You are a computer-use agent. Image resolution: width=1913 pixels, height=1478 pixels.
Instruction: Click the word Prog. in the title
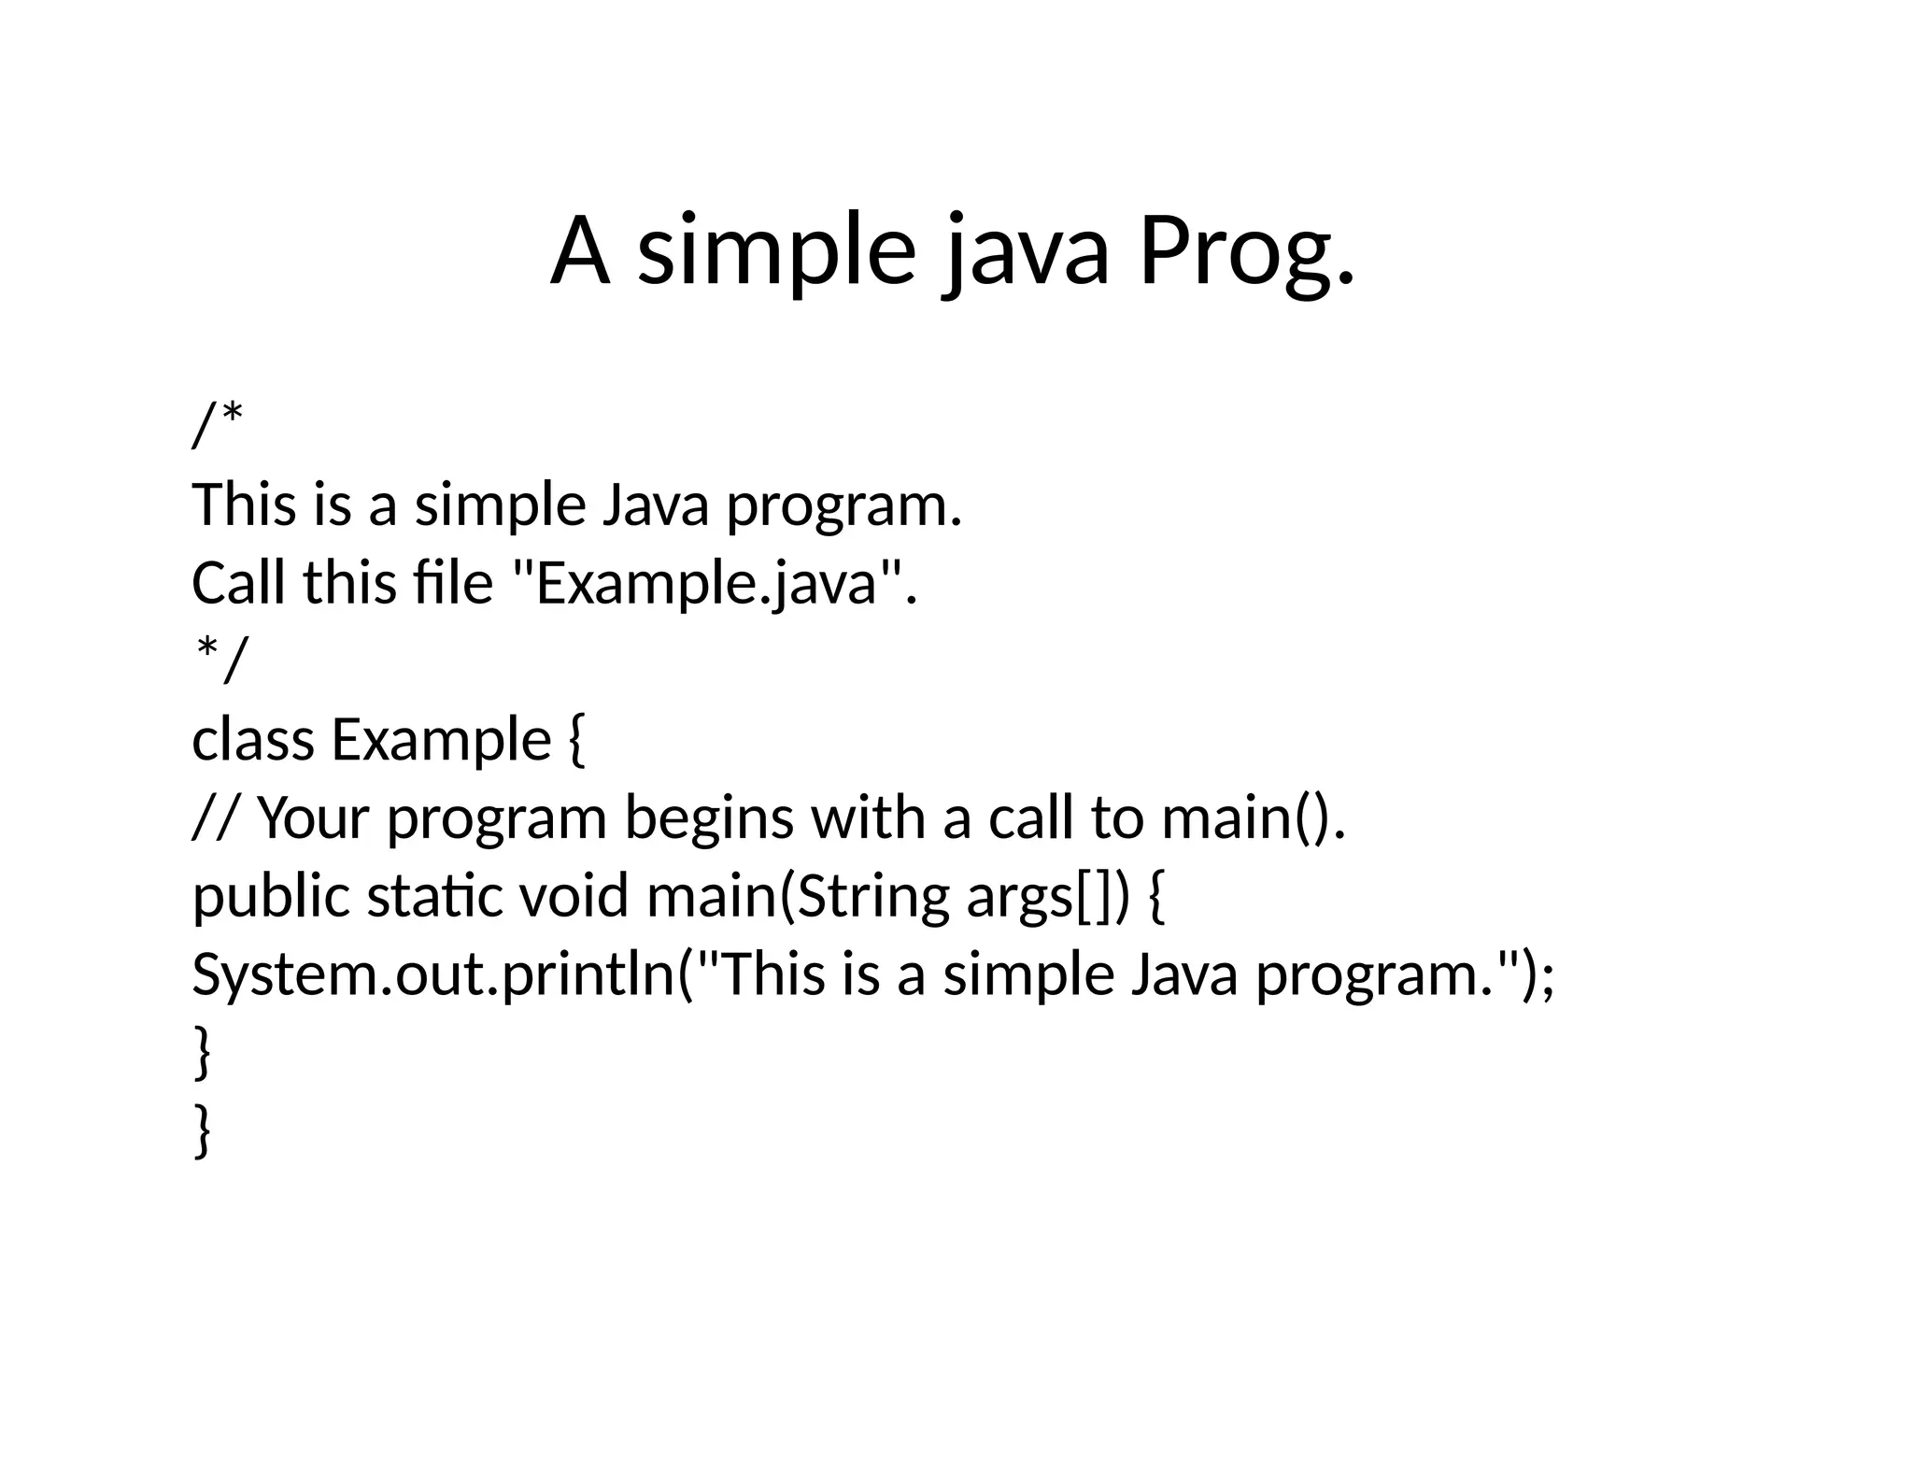point(1245,252)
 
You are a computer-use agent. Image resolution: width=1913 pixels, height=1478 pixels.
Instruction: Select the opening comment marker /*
point(218,425)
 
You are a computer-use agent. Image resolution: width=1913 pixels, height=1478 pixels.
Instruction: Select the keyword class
point(253,739)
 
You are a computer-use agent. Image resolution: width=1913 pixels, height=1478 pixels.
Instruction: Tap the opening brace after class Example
point(576,741)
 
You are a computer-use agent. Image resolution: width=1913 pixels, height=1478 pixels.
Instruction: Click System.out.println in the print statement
point(433,973)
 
